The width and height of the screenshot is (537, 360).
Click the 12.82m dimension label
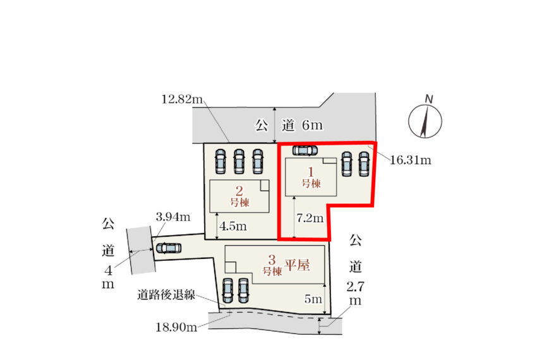182,99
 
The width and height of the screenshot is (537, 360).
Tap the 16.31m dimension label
410,160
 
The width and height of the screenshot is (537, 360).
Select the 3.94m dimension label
173,217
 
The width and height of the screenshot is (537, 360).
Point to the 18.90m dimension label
176,327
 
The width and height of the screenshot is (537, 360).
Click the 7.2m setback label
310,218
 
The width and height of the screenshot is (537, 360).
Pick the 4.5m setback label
233,226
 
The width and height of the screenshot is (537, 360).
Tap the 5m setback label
313,299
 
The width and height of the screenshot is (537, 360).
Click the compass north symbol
425,117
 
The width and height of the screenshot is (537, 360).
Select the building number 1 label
311,177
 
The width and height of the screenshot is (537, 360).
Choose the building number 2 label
239,196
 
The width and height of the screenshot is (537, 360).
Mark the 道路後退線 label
166,294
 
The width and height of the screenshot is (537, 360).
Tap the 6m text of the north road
312,125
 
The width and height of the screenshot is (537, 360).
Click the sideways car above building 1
305,150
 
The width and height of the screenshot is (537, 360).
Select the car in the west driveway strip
168,248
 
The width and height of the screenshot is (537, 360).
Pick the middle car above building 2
239,161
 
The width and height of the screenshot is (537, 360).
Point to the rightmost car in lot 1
364,164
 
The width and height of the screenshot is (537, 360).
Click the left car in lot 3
227,291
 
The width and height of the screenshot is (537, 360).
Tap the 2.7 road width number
356,286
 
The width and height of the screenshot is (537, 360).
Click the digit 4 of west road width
108,271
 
